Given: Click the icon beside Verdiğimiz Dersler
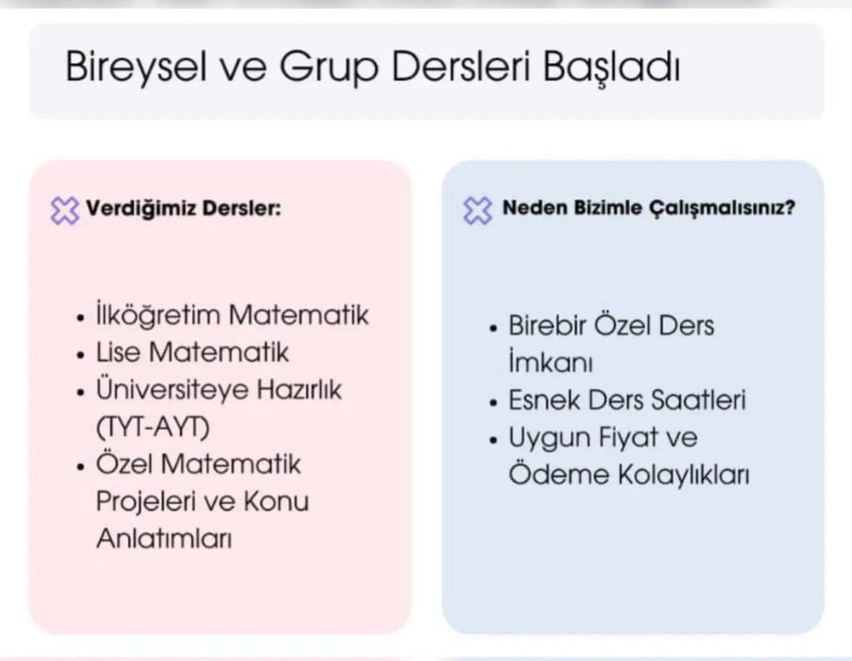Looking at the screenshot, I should coord(65,210).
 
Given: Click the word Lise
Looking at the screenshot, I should coord(117,352).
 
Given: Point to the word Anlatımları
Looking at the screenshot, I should coord(164,539).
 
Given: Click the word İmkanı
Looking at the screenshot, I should coord(551,363).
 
